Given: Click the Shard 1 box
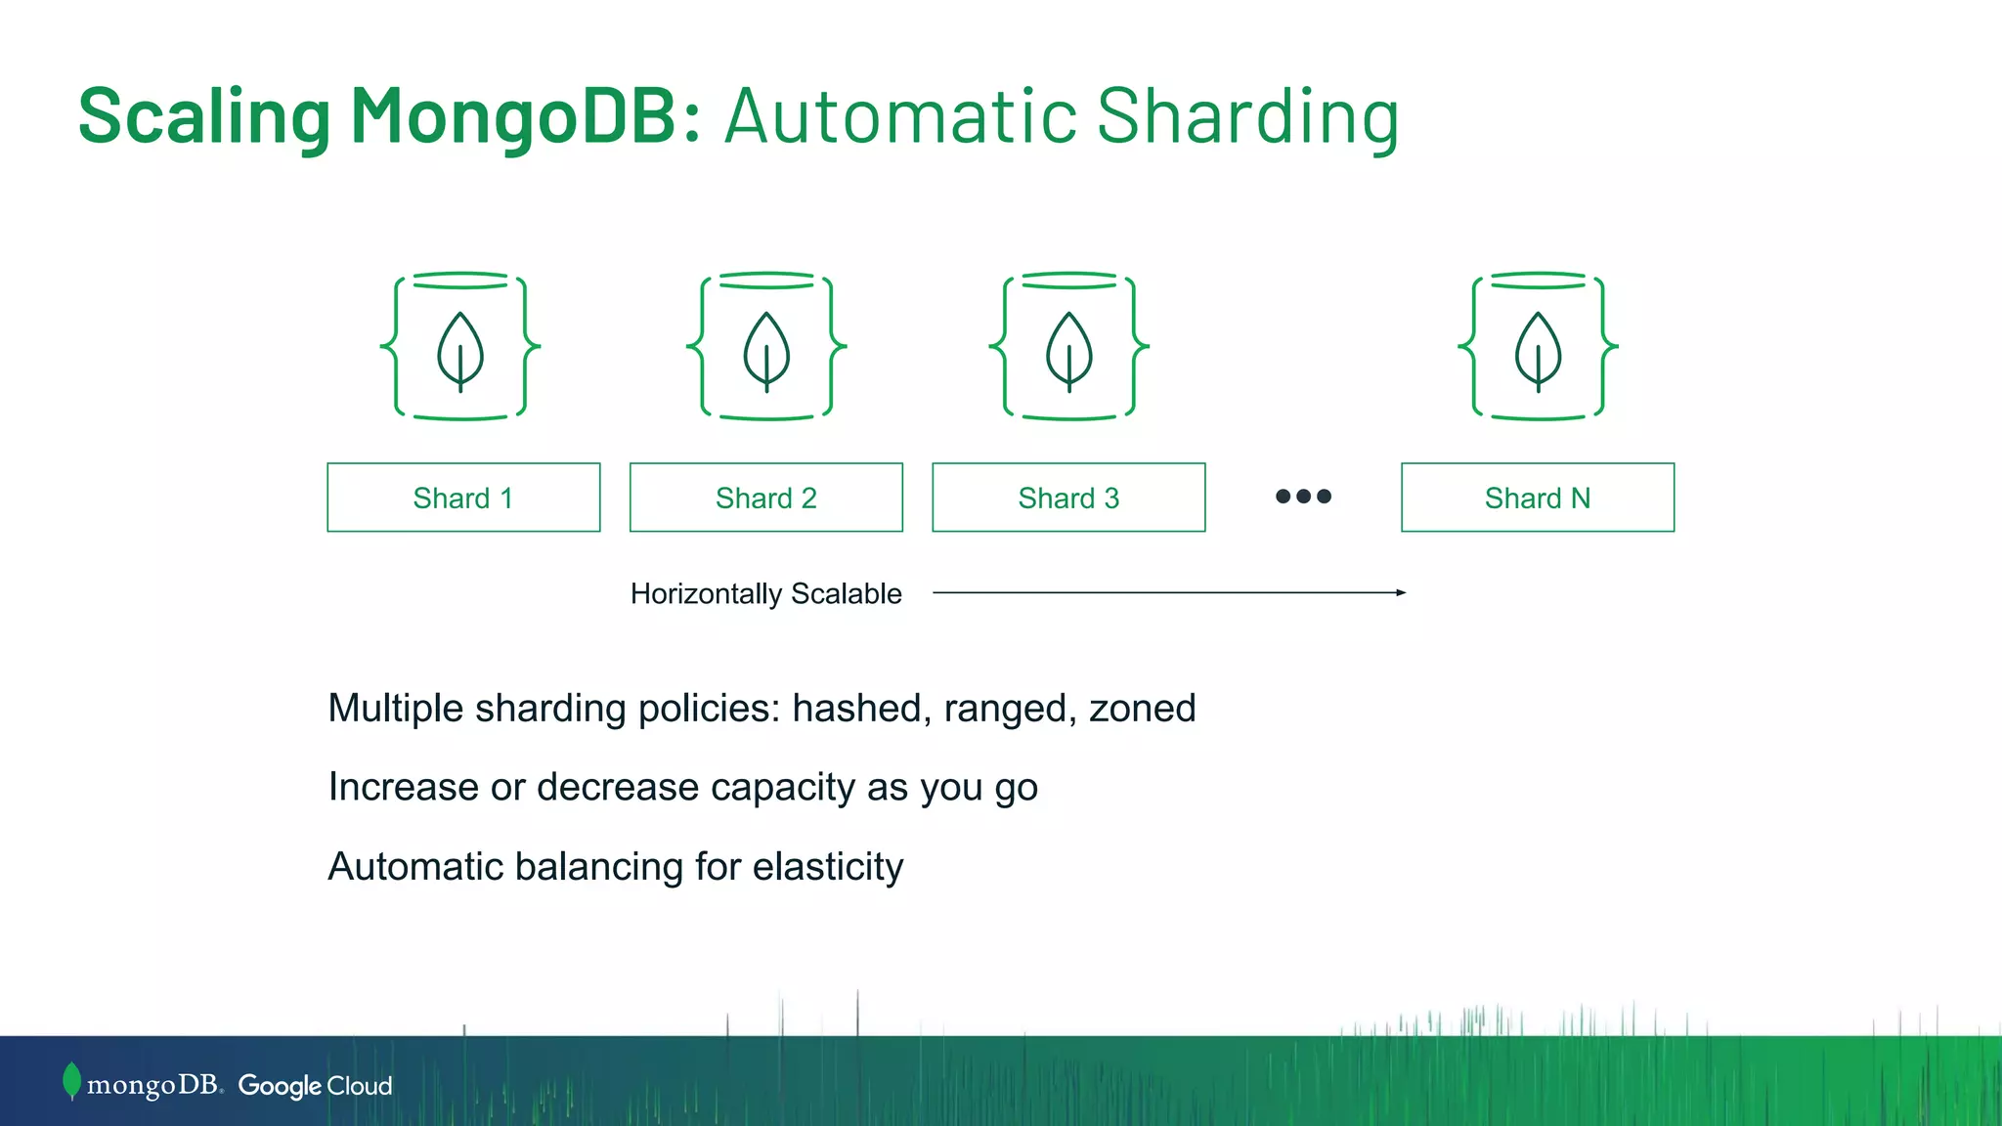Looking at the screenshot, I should coord(463,498).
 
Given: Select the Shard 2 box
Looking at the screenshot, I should coord(766,498).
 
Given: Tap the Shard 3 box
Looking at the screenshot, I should coord(1068,498).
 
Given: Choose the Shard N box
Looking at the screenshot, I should coord(1537,498).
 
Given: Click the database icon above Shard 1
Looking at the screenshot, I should coord(460,346).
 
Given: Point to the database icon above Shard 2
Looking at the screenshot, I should coord(766,346).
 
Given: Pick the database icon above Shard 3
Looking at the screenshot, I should coord(1068,346).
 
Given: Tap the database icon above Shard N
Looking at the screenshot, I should coord(1538,346).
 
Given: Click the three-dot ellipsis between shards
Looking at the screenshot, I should coord(1303,497).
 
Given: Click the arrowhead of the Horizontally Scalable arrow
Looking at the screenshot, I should coord(1401,592).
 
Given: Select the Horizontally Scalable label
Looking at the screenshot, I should coord(765,593).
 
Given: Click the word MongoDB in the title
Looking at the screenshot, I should coord(525,115).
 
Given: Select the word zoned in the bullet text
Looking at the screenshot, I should coord(1142,709).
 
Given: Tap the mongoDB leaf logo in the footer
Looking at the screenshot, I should coord(71,1081).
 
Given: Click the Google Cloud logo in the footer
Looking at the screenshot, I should coord(315,1086).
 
